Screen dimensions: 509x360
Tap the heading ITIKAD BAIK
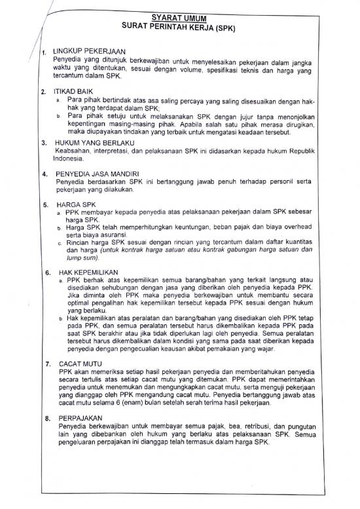(71, 92)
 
